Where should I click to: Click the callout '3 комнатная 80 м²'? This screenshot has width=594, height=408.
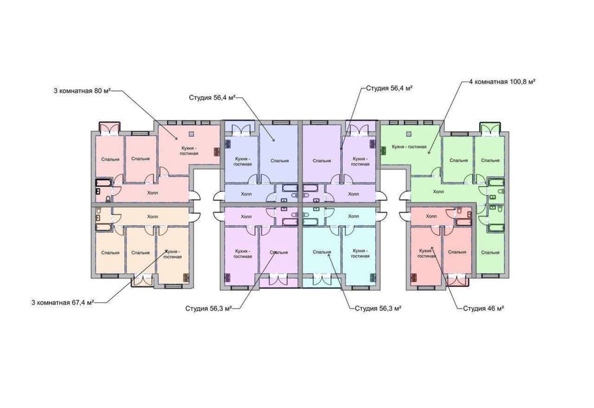82,91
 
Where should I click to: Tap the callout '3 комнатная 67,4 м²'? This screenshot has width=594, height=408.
62,303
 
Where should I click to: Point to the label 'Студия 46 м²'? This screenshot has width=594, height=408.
484,308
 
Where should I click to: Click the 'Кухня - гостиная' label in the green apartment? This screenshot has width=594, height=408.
409,147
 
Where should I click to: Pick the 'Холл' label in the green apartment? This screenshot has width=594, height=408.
438,192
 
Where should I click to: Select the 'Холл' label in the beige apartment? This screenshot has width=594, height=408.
153,217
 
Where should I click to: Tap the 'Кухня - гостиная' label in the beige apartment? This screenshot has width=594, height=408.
172,254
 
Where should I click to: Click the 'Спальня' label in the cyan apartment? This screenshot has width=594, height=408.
322,252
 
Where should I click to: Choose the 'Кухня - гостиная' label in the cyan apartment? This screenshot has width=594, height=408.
361,254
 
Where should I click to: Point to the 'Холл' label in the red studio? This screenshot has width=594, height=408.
431,216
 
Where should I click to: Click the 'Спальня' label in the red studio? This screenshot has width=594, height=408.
457,252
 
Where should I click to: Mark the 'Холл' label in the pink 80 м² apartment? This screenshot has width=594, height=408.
153,193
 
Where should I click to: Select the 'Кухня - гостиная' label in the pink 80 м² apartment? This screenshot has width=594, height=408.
189,151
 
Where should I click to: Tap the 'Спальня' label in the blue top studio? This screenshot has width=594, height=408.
280,160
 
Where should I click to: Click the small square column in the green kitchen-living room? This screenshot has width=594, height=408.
409,134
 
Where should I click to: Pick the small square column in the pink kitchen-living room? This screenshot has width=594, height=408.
192,134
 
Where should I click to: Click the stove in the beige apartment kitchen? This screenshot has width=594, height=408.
186,278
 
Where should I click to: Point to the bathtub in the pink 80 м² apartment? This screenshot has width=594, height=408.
103,183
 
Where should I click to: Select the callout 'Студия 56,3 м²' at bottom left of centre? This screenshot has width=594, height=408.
208,308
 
